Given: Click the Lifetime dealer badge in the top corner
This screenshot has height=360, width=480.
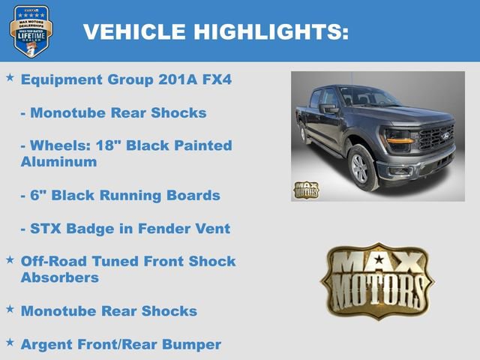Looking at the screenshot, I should pos(31,31).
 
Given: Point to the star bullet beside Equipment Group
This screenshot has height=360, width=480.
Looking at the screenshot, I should pos(10,78).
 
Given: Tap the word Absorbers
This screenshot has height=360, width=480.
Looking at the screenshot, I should pos(60,277).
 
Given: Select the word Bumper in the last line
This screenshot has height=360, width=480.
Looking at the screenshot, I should pos(193,344).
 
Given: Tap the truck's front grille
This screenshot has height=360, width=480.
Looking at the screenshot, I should pos(435,138).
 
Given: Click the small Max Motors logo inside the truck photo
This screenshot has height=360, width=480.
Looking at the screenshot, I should pos(305,190).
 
